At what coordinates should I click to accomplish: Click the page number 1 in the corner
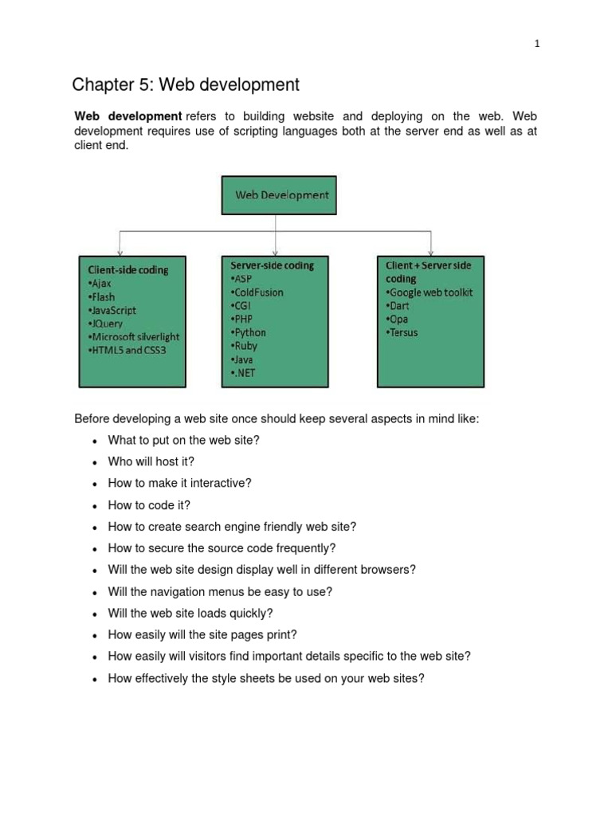(537, 44)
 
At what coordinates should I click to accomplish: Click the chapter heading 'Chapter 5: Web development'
(186, 84)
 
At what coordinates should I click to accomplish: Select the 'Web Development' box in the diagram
(279, 194)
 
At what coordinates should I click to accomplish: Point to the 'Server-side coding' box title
(272, 265)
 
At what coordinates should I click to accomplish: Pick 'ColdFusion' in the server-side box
(257, 292)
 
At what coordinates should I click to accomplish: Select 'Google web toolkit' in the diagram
(430, 292)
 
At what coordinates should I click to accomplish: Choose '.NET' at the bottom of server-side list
(244, 373)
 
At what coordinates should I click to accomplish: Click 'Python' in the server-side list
(249, 332)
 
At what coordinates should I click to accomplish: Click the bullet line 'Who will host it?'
(151, 461)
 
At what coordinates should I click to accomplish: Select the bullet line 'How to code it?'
(150, 504)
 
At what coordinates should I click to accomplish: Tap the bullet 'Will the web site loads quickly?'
(190, 613)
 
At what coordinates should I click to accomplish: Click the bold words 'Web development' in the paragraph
(127, 117)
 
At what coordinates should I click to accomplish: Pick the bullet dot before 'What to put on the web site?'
(95, 441)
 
